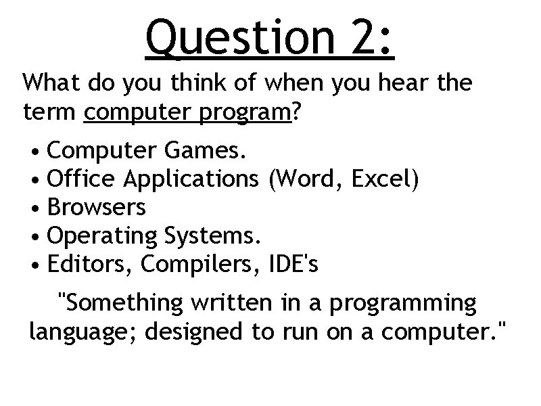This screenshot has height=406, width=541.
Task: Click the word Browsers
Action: click(x=97, y=207)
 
